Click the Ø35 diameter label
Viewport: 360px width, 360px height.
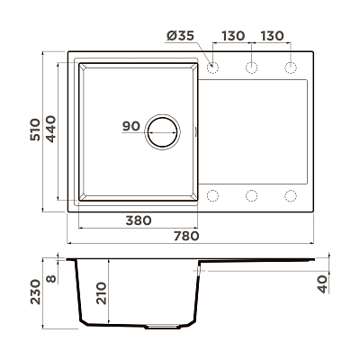coord(180,36)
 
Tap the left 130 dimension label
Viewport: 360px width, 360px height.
coord(233,36)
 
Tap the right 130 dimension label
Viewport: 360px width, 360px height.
coord(272,36)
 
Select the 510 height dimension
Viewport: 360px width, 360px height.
coord(35,130)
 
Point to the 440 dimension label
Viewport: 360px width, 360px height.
coord(50,129)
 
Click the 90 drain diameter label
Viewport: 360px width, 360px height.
coord(131,126)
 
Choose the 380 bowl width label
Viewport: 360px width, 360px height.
coord(139,220)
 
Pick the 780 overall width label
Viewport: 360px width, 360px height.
coord(186,236)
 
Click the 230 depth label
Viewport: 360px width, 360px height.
coord(35,292)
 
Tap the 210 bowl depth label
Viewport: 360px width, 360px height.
coord(102,293)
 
